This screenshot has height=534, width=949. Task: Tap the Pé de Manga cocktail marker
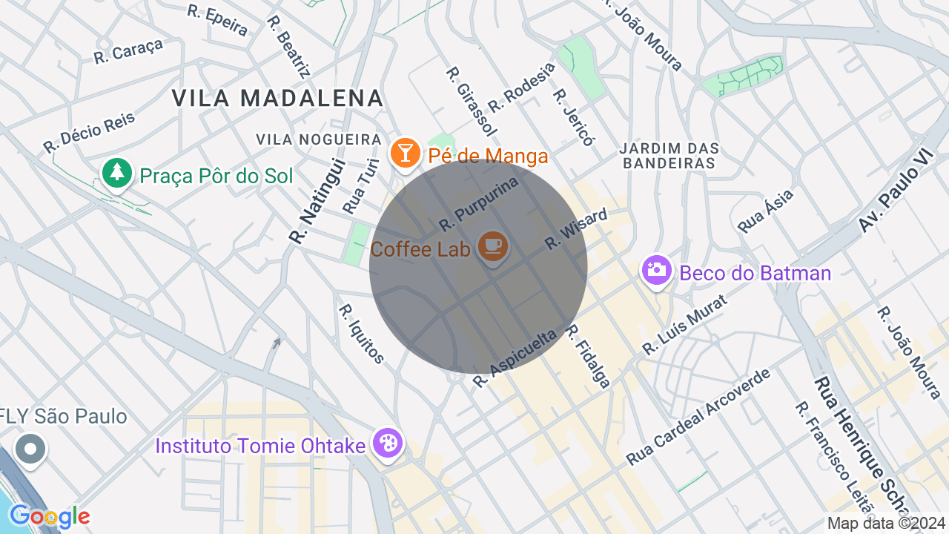[405, 153]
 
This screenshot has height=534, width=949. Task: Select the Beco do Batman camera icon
[656, 270]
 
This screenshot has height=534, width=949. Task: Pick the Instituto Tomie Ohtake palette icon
[388, 444]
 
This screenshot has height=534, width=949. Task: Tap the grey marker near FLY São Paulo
[30, 449]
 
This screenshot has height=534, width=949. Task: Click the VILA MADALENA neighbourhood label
[277, 98]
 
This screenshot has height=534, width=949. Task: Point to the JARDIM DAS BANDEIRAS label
[669, 156]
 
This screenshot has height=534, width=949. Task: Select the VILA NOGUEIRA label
[318, 139]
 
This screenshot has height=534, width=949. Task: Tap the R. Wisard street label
[576, 228]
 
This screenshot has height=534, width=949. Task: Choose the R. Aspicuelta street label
[515, 359]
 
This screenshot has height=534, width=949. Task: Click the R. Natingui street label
[307, 201]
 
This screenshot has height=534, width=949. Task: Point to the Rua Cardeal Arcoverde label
[698, 417]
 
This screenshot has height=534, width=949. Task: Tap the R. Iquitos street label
[362, 334]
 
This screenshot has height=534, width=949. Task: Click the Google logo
[50, 517]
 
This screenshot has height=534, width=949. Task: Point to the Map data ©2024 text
[886, 523]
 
